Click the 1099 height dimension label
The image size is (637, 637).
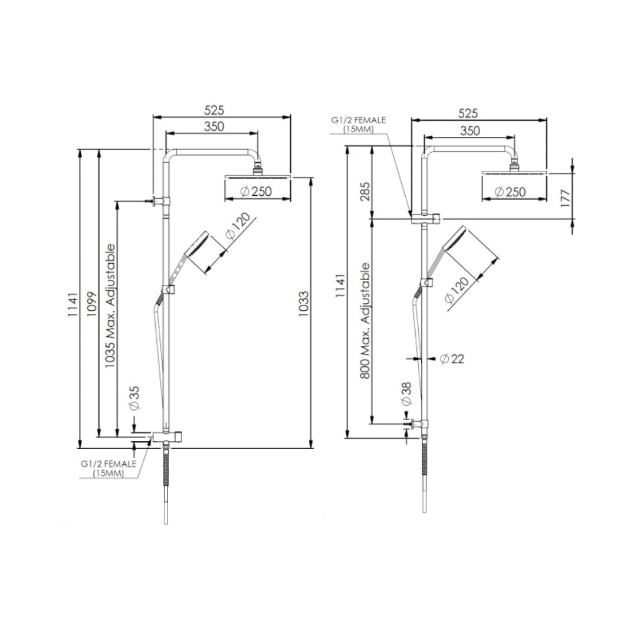click(x=91, y=304)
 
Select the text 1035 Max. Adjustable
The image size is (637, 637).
click(x=110, y=306)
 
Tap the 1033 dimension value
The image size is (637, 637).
click(x=303, y=304)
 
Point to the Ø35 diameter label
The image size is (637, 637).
click(x=134, y=398)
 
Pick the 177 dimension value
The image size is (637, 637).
click(x=564, y=196)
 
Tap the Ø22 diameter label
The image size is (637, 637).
click(x=452, y=358)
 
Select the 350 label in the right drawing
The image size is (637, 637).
click(x=470, y=131)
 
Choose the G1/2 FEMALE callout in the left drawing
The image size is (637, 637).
click(x=109, y=468)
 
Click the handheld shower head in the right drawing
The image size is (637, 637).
click(x=455, y=239)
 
